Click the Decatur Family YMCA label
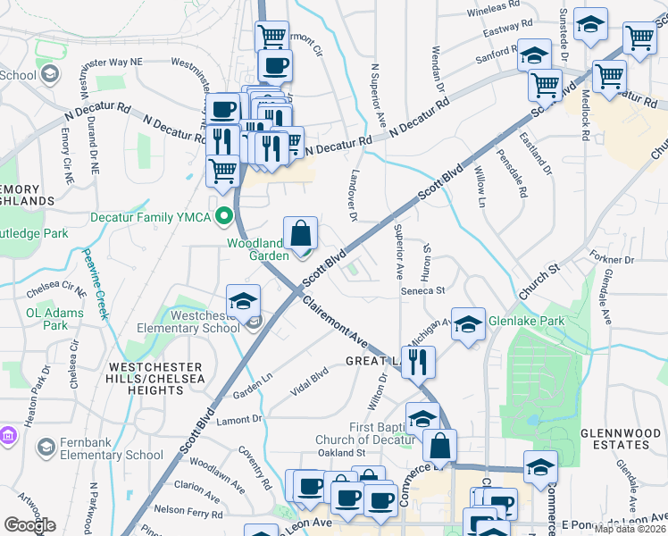(x=150, y=217)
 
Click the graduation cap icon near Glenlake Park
(x=468, y=326)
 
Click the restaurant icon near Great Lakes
(x=418, y=363)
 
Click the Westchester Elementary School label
(x=188, y=321)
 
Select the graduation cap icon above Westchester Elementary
(x=243, y=303)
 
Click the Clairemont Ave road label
(x=335, y=322)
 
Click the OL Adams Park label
(x=46, y=319)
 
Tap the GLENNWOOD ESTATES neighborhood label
(x=619, y=439)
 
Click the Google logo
(x=29, y=524)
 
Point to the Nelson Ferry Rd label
(x=188, y=512)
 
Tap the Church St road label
(x=539, y=280)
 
